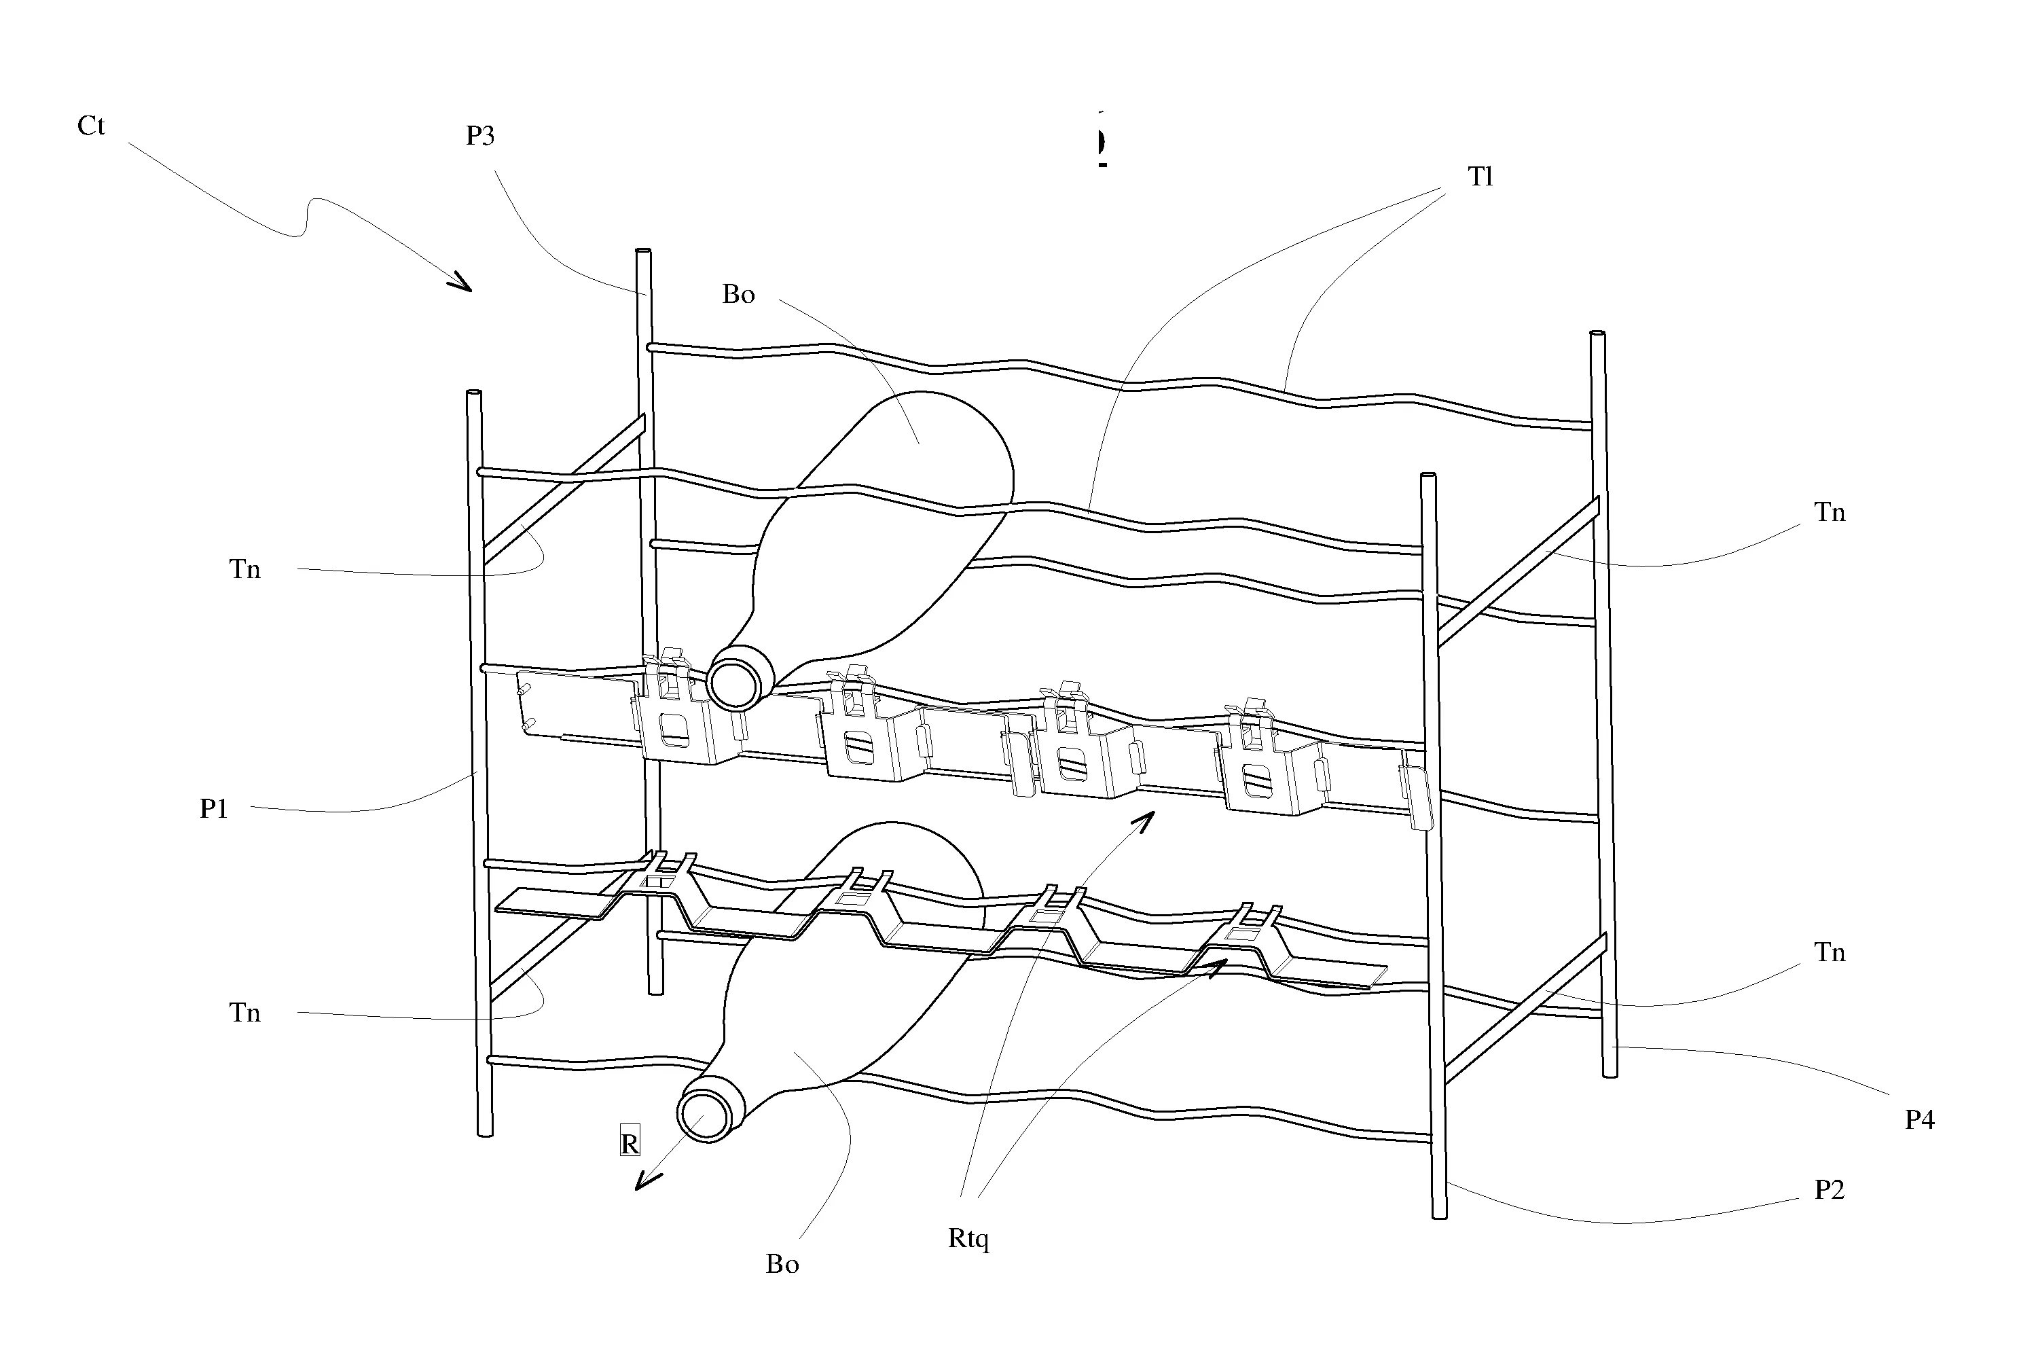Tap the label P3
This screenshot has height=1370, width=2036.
479,137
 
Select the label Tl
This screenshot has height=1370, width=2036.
1480,177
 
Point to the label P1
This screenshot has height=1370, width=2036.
214,809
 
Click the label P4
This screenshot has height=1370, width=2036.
1920,1119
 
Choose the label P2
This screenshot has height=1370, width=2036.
1830,1190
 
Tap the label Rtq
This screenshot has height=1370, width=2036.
968,1239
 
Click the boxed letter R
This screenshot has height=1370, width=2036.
629,1144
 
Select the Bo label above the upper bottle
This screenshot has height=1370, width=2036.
738,295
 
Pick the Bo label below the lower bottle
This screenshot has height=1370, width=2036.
782,1264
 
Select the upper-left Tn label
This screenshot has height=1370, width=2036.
244,570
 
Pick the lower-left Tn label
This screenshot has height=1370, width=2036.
244,1013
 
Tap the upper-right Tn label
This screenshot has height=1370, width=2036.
1830,513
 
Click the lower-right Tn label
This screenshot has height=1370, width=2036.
1830,952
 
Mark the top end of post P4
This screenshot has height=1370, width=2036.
1597,336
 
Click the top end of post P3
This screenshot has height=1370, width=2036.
643,253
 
